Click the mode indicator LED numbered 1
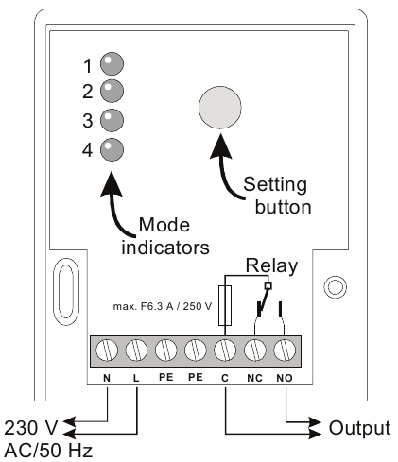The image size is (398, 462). pyautogui.click(x=112, y=63)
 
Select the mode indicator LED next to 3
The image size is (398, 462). pyautogui.click(x=112, y=120)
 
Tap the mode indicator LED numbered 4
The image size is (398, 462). pyautogui.click(x=112, y=149)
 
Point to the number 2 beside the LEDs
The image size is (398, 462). pyautogui.click(x=88, y=92)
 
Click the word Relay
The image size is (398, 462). pyautogui.click(x=271, y=265)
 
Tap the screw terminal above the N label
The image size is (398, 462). pyautogui.click(x=107, y=351)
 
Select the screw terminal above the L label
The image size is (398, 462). pyautogui.click(x=136, y=351)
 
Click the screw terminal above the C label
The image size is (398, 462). pyautogui.click(x=225, y=351)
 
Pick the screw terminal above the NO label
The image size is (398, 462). pyautogui.click(x=285, y=351)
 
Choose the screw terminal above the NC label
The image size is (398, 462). pyautogui.click(x=255, y=351)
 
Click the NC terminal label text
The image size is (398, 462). pyautogui.click(x=254, y=378)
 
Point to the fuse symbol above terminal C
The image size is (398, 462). pyautogui.click(x=225, y=305)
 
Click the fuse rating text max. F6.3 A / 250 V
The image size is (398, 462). pyautogui.click(x=163, y=306)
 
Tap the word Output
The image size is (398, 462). pyautogui.click(x=359, y=428)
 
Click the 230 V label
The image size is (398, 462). pyautogui.click(x=31, y=428)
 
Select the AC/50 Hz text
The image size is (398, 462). pyautogui.click(x=48, y=451)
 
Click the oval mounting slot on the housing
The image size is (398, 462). pyautogui.click(x=66, y=292)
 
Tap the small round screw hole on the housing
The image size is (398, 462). pyautogui.click(x=336, y=287)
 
